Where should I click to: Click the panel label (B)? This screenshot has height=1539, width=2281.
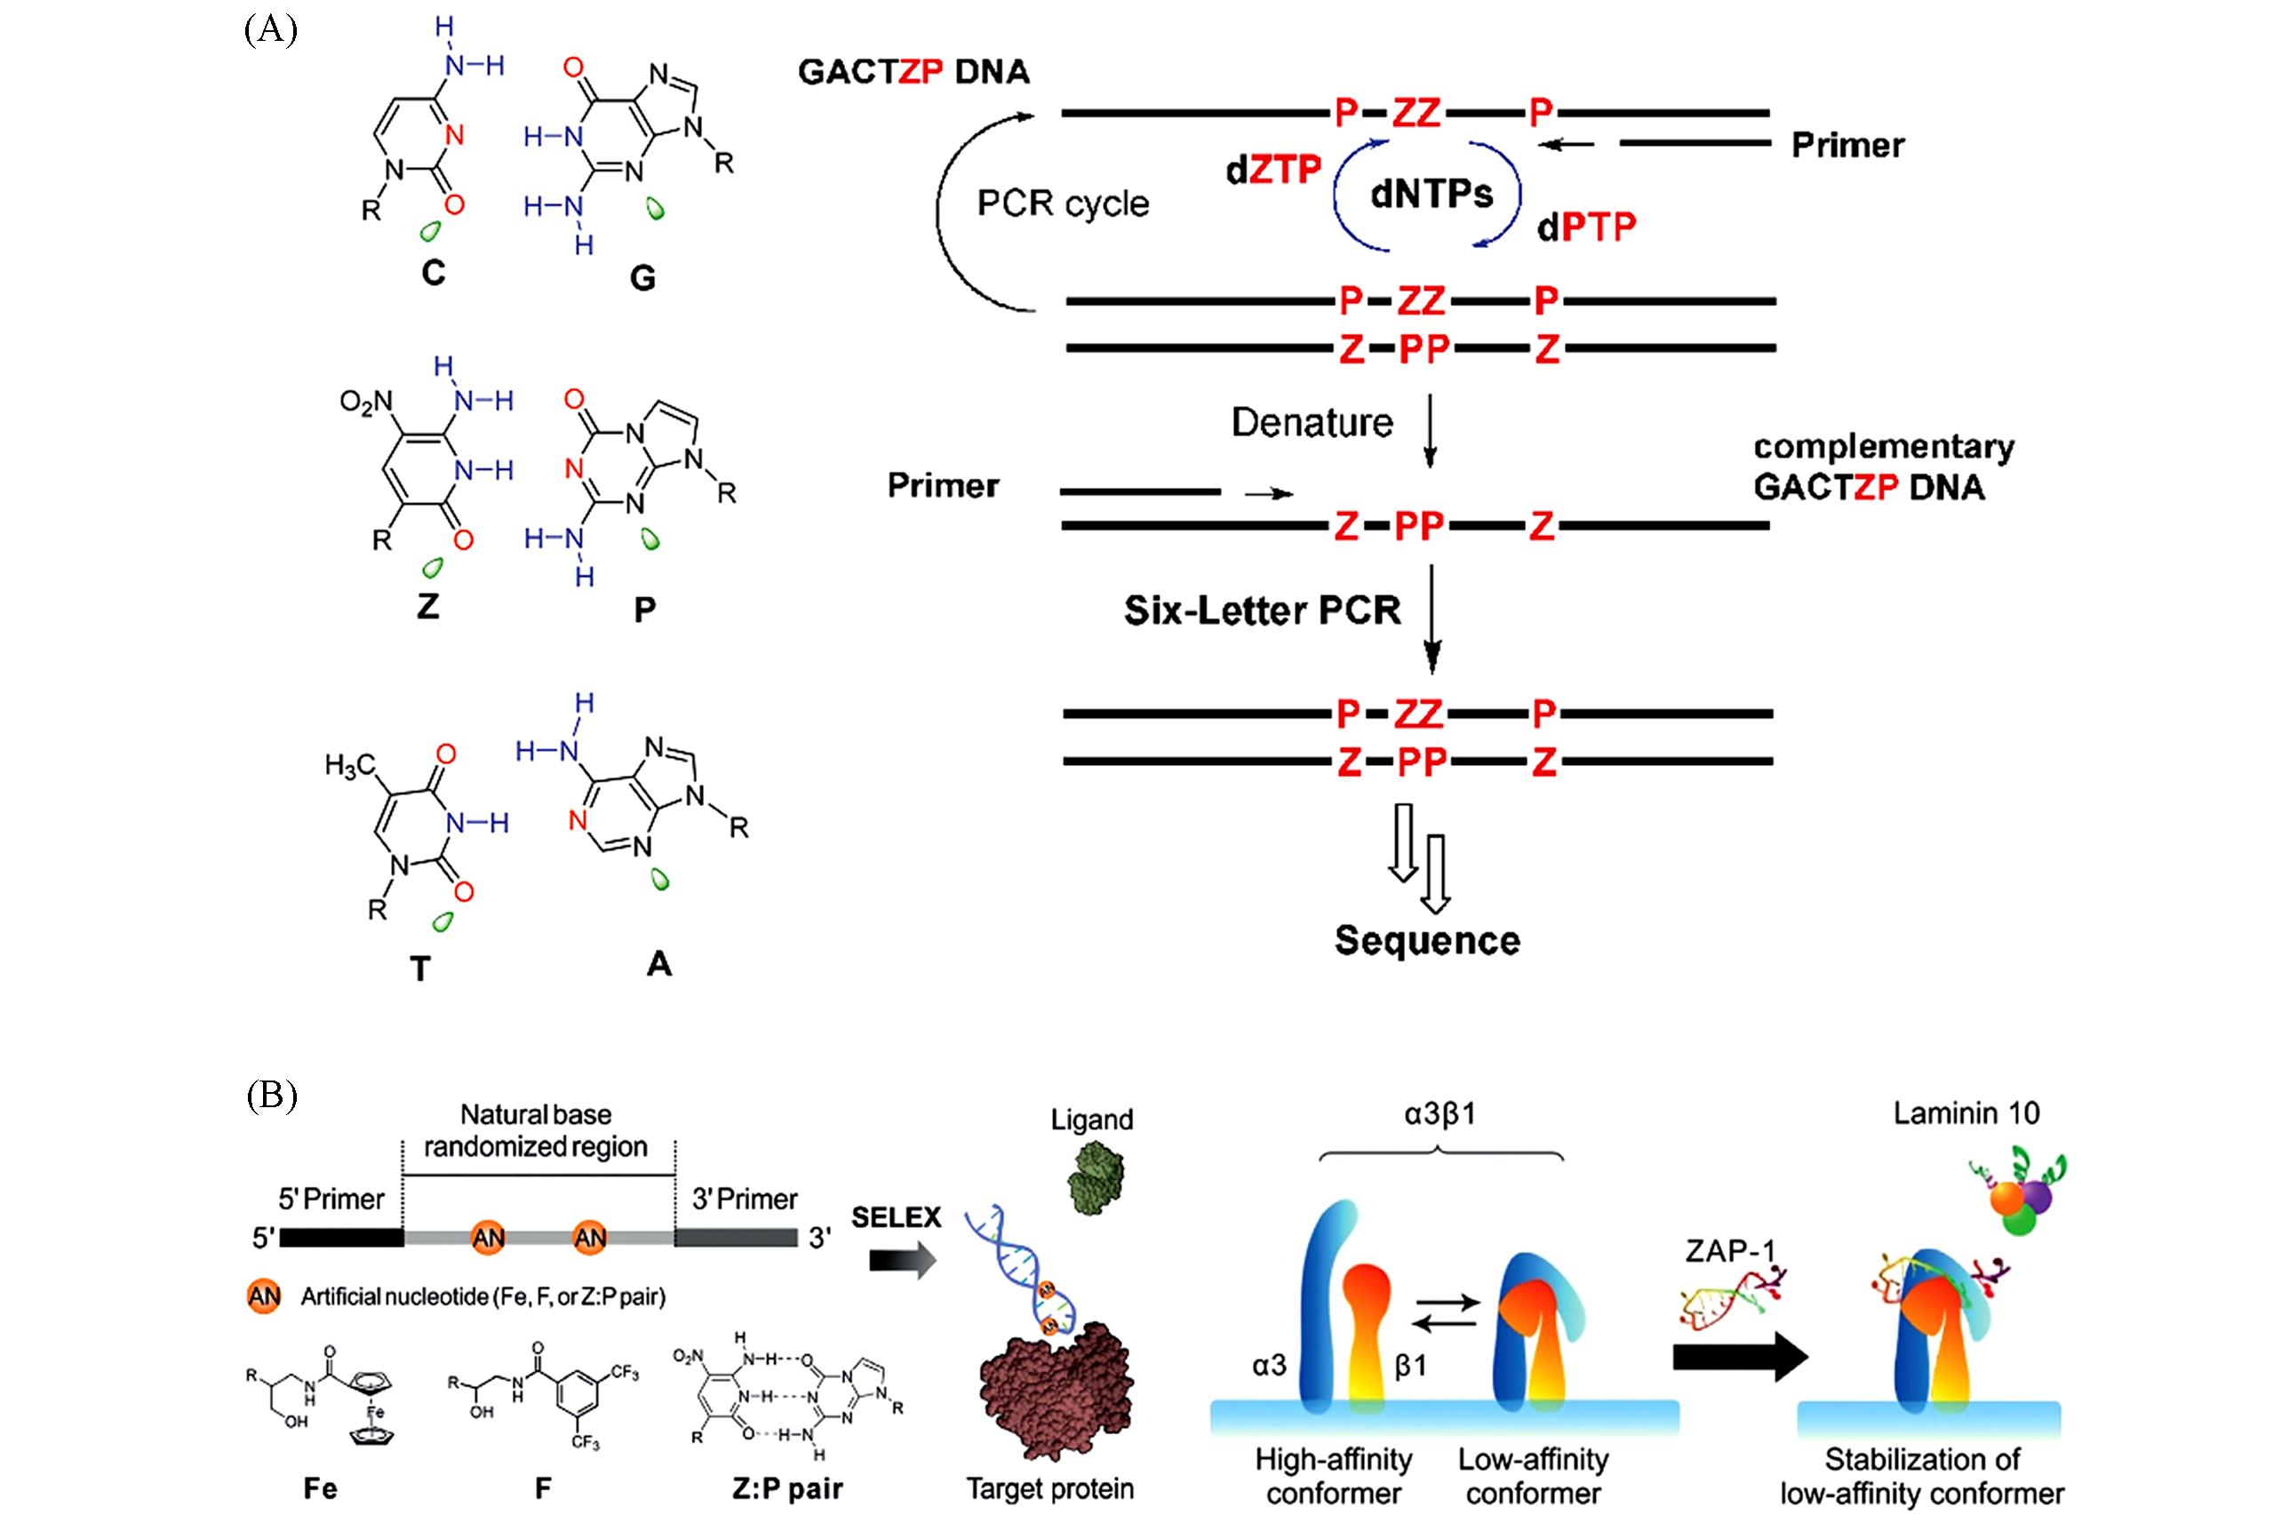pos(271,1096)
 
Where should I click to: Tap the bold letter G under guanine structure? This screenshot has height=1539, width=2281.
pos(642,279)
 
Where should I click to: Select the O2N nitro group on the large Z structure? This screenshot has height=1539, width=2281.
pos(365,403)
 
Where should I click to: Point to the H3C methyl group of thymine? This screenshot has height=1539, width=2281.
pos(350,764)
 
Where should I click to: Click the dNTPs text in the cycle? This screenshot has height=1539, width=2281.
pos(1431,195)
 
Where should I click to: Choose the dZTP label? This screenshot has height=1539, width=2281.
pos(1273,170)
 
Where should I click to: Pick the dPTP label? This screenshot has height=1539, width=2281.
pos(1586,227)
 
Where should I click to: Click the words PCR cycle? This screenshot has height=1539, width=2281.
pos(1062,203)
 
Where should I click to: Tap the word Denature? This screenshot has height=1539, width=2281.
pos(1312,423)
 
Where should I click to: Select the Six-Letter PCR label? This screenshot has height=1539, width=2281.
pos(1261,610)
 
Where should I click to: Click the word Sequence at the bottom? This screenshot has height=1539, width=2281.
pos(1427,940)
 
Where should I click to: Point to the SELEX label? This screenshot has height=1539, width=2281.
pos(895,1218)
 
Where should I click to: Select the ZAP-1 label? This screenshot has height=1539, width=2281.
pos(1730,1251)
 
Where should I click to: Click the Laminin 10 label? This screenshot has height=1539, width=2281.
pos(1966,1113)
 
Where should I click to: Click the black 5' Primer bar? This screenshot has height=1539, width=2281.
pos(341,1238)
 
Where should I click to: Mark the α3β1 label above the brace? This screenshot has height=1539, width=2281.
pos(1439,1114)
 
